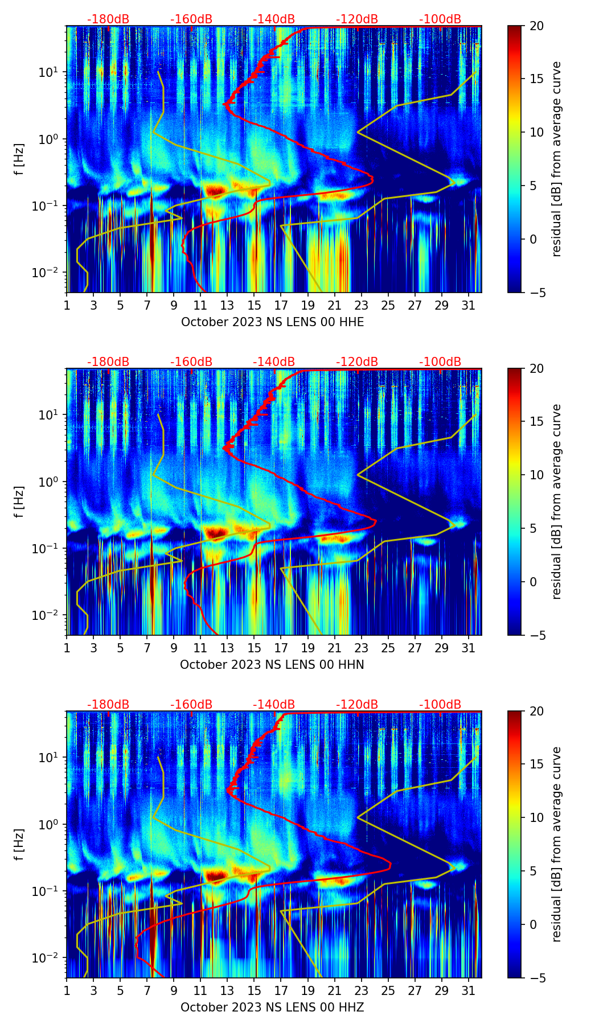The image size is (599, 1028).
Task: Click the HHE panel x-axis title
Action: click(272, 322)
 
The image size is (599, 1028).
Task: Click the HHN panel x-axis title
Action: click(272, 665)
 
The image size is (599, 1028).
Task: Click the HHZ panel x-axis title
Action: click(272, 1008)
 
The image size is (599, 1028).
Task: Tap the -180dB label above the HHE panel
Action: click(108, 19)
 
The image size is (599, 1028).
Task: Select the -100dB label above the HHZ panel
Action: click(440, 705)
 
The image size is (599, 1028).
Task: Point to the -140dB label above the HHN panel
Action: click(274, 362)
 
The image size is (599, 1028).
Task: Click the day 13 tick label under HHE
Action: click(227, 305)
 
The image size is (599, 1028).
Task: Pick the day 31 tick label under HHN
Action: click(468, 648)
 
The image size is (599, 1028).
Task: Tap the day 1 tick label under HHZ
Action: click(67, 990)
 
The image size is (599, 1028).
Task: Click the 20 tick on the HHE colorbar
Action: click(536, 26)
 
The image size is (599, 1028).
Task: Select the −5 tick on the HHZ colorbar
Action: click(536, 978)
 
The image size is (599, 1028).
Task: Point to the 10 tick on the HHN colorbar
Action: click(536, 475)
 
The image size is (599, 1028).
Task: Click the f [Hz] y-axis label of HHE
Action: click(19, 159)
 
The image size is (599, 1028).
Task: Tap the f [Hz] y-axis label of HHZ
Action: click(19, 845)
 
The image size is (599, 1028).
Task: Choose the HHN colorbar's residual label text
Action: click(557, 501)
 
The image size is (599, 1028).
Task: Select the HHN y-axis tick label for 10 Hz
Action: click(48, 415)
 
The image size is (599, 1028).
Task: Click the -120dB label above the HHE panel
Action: click(356, 19)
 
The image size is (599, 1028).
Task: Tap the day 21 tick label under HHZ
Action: click(334, 990)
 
